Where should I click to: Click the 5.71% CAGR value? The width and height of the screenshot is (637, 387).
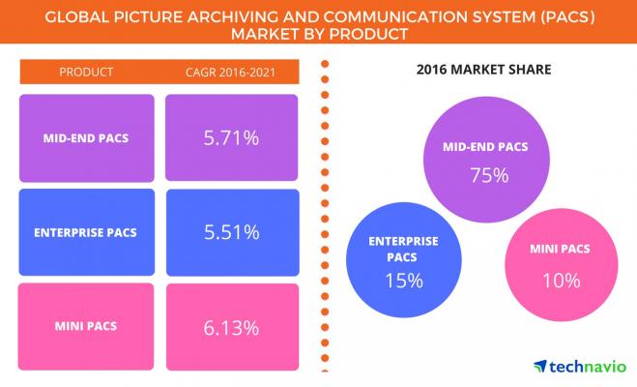pyautogui.click(x=230, y=138)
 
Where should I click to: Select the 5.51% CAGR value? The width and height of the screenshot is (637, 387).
pyautogui.click(x=230, y=232)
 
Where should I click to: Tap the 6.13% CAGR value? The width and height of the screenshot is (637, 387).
pyautogui.click(x=230, y=327)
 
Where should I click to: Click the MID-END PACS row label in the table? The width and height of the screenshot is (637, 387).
pyautogui.click(x=86, y=138)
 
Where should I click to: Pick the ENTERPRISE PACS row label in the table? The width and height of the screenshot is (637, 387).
pyautogui.click(x=86, y=232)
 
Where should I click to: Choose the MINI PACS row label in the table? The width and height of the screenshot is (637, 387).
pyautogui.click(x=86, y=327)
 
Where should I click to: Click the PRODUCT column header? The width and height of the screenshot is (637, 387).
pyautogui.click(x=86, y=72)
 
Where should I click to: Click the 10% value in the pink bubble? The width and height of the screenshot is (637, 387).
pyautogui.click(x=561, y=282)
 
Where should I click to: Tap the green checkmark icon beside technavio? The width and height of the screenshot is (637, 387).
pyautogui.click(x=540, y=366)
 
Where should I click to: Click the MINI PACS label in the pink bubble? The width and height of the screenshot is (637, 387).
pyautogui.click(x=561, y=253)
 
